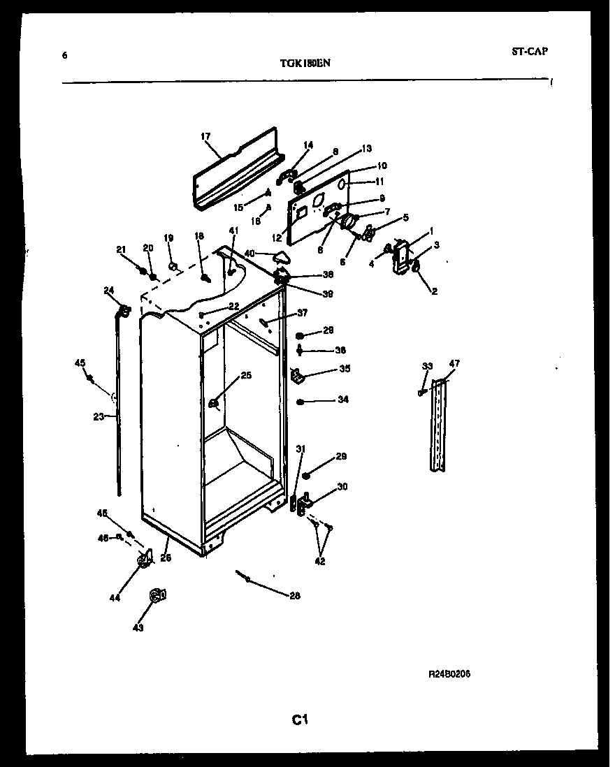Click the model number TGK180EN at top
pyautogui.click(x=305, y=62)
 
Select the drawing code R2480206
pyautogui.click(x=454, y=675)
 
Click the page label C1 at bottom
pyautogui.click(x=301, y=719)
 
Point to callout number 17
pyautogui.click(x=205, y=136)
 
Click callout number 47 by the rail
pyautogui.click(x=454, y=364)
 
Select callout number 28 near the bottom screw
pyautogui.click(x=294, y=595)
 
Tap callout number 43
pyautogui.click(x=138, y=627)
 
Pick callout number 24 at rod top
pyautogui.click(x=108, y=290)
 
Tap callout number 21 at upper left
pyautogui.click(x=120, y=249)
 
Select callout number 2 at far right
pyautogui.click(x=434, y=291)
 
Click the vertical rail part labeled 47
pyautogui.click(x=437, y=426)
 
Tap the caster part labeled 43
pyautogui.click(x=155, y=595)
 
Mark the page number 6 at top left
pyautogui.click(x=65, y=55)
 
